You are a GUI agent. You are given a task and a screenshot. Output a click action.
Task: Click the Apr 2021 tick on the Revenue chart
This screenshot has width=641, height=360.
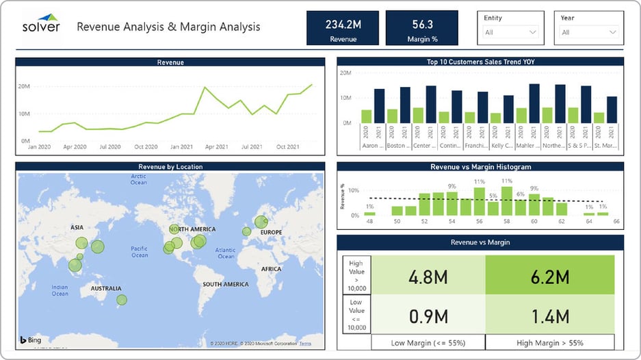point(217,146)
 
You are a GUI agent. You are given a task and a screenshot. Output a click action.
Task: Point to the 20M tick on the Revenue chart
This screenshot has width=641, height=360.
point(24,86)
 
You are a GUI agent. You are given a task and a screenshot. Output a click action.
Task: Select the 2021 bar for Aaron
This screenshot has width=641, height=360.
point(379,106)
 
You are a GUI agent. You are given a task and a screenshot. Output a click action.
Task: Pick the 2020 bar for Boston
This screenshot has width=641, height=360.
point(392,116)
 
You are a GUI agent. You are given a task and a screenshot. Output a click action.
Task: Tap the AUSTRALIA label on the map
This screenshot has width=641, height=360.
point(106,289)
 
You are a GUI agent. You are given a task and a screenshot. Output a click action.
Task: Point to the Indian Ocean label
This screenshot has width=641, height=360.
point(60,291)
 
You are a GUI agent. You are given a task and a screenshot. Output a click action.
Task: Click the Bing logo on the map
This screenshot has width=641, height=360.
point(32,340)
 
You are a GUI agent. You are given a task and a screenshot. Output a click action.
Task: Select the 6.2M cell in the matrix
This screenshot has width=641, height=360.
point(549,277)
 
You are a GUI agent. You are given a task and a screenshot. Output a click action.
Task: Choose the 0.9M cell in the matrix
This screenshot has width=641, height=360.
point(428,316)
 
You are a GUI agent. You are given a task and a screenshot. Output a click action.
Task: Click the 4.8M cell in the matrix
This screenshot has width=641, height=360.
point(428,277)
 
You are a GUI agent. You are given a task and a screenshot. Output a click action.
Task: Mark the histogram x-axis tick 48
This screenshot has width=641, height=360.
point(370,222)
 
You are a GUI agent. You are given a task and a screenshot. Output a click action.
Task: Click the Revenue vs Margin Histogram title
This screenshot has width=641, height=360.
point(480,166)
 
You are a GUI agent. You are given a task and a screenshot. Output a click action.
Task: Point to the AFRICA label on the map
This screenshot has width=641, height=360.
point(271,269)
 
